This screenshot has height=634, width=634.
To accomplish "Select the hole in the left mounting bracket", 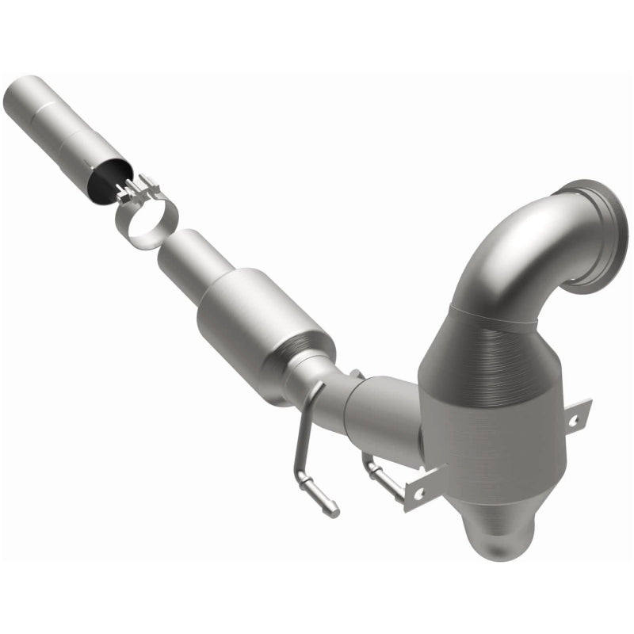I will (417, 492).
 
